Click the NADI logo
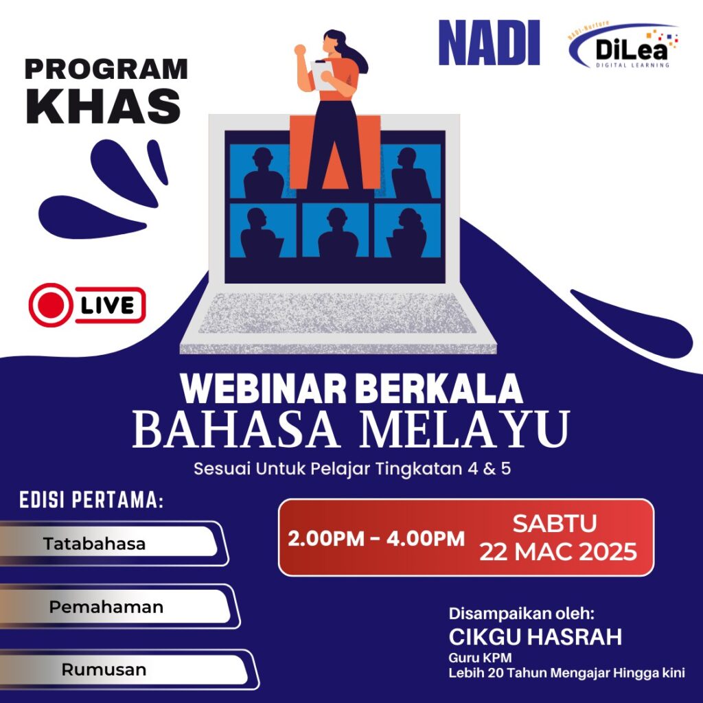tap(489, 43)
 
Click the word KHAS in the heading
tap(104, 106)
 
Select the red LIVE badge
tap(87, 305)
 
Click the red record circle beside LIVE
tap(51, 305)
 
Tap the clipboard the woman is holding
tap(323, 75)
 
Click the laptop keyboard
tap(337, 313)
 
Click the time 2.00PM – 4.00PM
tap(376, 538)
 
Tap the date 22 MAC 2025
tap(558, 551)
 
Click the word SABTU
tap(555, 523)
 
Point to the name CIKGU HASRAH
tap(535, 636)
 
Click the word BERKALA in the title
tap(439, 389)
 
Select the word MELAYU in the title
tap(465, 430)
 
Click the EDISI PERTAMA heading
tap(91, 500)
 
